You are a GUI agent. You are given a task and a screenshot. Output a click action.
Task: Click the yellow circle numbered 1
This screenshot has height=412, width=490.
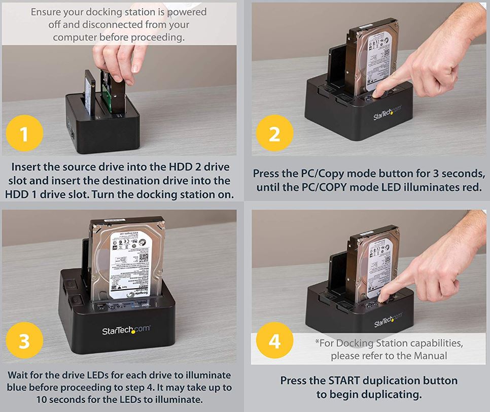click(x=24, y=134)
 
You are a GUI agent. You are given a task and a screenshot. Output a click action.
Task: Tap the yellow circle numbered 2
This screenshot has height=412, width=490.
click(x=274, y=134)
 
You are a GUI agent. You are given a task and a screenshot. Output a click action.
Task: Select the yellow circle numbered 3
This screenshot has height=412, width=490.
click(x=24, y=341)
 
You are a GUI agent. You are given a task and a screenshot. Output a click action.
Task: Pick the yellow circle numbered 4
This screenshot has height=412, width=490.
click(x=274, y=341)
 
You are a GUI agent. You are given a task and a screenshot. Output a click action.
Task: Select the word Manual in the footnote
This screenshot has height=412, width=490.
click(x=429, y=356)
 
